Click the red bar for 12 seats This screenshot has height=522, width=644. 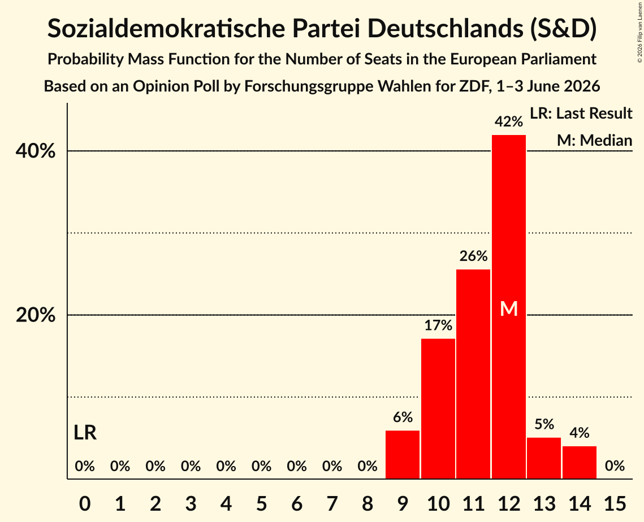click(x=509, y=307)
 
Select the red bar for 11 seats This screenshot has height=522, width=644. click(x=473, y=374)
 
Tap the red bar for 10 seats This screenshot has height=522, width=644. click(x=438, y=409)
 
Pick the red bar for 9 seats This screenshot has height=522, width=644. click(x=403, y=455)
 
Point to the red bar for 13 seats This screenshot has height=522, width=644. click(x=544, y=458)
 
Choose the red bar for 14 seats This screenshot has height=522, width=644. click(x=580, y=463)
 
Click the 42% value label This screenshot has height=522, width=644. click(x=509, y=121)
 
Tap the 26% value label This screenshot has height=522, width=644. click(x=474, y=256)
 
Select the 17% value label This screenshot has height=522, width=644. click(x=438, y=325)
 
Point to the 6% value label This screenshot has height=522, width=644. click(x=403, y=417)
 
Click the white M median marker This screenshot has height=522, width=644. click(x=509, y=308)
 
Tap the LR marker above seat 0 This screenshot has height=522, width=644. click(x=85, y=433)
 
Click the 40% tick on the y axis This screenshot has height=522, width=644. click(x=35, y=151)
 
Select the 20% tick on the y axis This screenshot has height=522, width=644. click(x=35, y=315)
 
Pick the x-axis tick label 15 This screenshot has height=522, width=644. click(x=615, y=503)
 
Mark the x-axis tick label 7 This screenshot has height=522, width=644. click(x=332, y=503)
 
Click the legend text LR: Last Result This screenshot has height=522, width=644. click(x=581, y=113)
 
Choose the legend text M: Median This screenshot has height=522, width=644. click(x=594, y=140)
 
